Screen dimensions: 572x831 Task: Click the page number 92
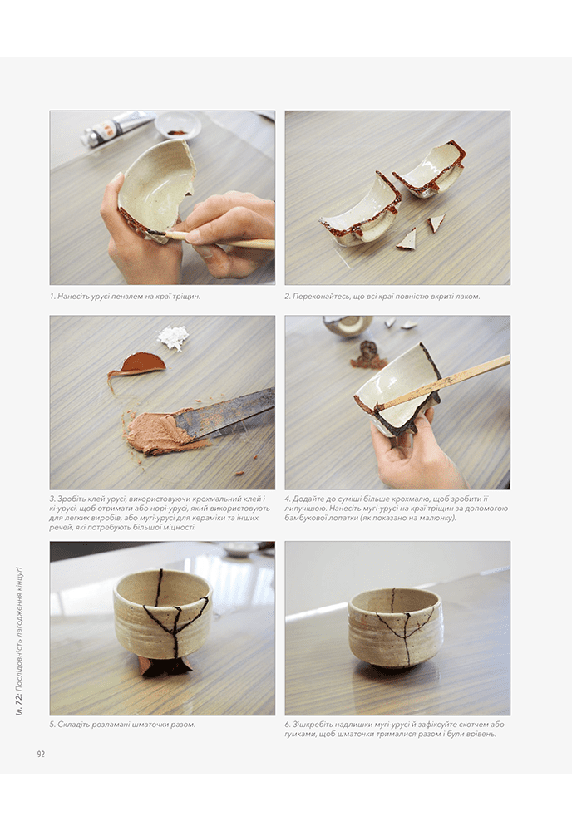click(x=41, y=755)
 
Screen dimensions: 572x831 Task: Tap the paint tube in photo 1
click(x=116, y=128)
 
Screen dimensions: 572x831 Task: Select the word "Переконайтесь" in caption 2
click(x=321, y=297)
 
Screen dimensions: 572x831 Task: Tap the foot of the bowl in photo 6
click(x=395, y=663)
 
